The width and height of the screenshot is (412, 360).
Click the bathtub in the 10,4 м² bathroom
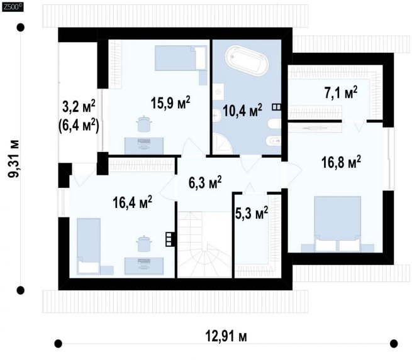(x=247, y=62)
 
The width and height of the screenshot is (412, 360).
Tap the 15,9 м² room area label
(x=170, y=102)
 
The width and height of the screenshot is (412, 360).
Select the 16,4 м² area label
(x=132, y=202)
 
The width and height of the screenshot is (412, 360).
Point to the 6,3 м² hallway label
(x=205, y=182)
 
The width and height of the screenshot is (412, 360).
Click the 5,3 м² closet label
(x=252, y=213)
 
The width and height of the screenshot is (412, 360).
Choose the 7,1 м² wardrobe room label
(x=341, y=92)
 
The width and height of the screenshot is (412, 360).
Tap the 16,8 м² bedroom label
(x=341, y=162)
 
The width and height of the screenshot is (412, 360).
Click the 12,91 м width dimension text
(x=226, y=336)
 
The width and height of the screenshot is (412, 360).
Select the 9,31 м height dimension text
(x=13, y=158)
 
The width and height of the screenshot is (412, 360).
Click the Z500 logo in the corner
(x=13, y=7)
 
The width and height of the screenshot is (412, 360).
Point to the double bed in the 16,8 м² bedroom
(x=337, y=224)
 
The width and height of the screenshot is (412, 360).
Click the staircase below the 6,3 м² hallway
(x=204, y=244)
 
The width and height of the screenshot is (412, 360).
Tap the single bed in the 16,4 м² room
(x=89, y=246)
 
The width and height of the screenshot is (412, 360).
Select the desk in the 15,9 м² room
(x=143, y=146)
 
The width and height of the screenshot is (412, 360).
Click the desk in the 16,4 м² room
(x=143, y=266)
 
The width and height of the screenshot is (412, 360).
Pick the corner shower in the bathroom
(x=222, y=143)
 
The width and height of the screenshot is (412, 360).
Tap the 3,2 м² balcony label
(x=79, y=107)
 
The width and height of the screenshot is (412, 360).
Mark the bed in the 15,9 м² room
(x=181, y=58)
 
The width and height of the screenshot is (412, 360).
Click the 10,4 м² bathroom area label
(x=242, y=111)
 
